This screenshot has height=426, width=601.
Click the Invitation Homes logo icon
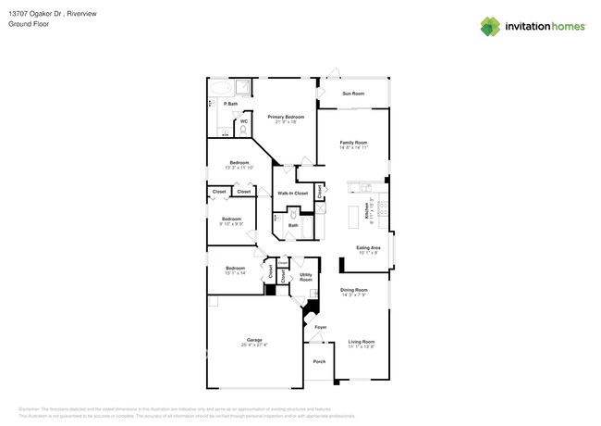click(490, 26)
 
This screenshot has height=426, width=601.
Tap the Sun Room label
click(353, 94)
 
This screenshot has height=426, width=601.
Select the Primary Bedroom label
click(286, 118)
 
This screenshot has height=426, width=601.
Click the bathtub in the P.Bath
click(220, 88)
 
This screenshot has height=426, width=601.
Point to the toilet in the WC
click(243, 130)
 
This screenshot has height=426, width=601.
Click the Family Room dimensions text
click(353, 148)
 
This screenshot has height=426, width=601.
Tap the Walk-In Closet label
click(292, 193)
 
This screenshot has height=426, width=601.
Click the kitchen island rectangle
click(352, 218)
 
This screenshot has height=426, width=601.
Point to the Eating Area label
click(368, 248)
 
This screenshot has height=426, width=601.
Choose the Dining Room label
click(354, 290)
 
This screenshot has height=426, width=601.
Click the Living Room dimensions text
click(361, 346)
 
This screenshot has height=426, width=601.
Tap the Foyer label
click(321, 327)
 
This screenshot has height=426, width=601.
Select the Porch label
click(319, 361)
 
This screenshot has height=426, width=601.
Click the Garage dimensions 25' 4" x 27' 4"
click(253, 345)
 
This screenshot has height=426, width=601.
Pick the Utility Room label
click(305, 277)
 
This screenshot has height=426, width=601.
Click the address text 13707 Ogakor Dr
click(37, 14)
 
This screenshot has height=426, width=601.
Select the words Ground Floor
click(28, 24)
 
